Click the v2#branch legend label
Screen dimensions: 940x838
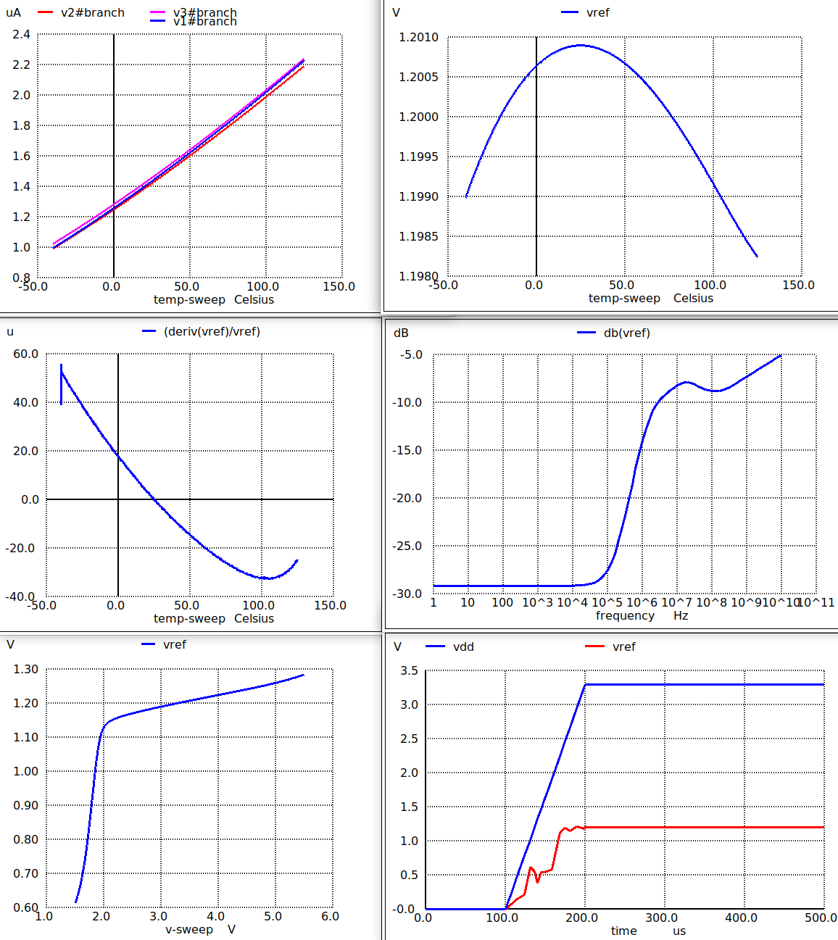pos(92,12)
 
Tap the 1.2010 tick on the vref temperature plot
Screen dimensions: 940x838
pos(418,37)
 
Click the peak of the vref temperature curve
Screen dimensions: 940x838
pos(580,45)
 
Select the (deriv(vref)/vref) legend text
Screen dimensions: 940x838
pos(212,331)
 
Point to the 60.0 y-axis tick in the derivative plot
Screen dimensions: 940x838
pos(25,354)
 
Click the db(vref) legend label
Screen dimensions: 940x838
pos(626,333)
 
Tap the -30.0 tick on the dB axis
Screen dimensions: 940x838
pos(407,593)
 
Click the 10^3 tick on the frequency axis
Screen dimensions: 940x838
pos(537,602)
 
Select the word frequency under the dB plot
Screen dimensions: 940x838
pos(625,615)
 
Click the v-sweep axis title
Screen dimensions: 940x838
pos(189,929)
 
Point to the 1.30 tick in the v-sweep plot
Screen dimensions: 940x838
pos(25,669)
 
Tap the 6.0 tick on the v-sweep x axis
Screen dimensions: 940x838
pos(330,916)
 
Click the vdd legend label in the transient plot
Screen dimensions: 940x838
pos(463,646)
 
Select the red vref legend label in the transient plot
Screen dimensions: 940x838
pos(623,646)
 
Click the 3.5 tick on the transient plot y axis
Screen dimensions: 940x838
pos(409,670)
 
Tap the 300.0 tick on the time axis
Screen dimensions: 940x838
pos(661,918)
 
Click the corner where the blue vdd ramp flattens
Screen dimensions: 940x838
pos(585,684)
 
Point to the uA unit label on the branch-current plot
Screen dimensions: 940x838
pos(13,12)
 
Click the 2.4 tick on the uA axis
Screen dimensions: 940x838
pos(21,34)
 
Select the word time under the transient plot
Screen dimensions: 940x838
pos(623,931)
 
